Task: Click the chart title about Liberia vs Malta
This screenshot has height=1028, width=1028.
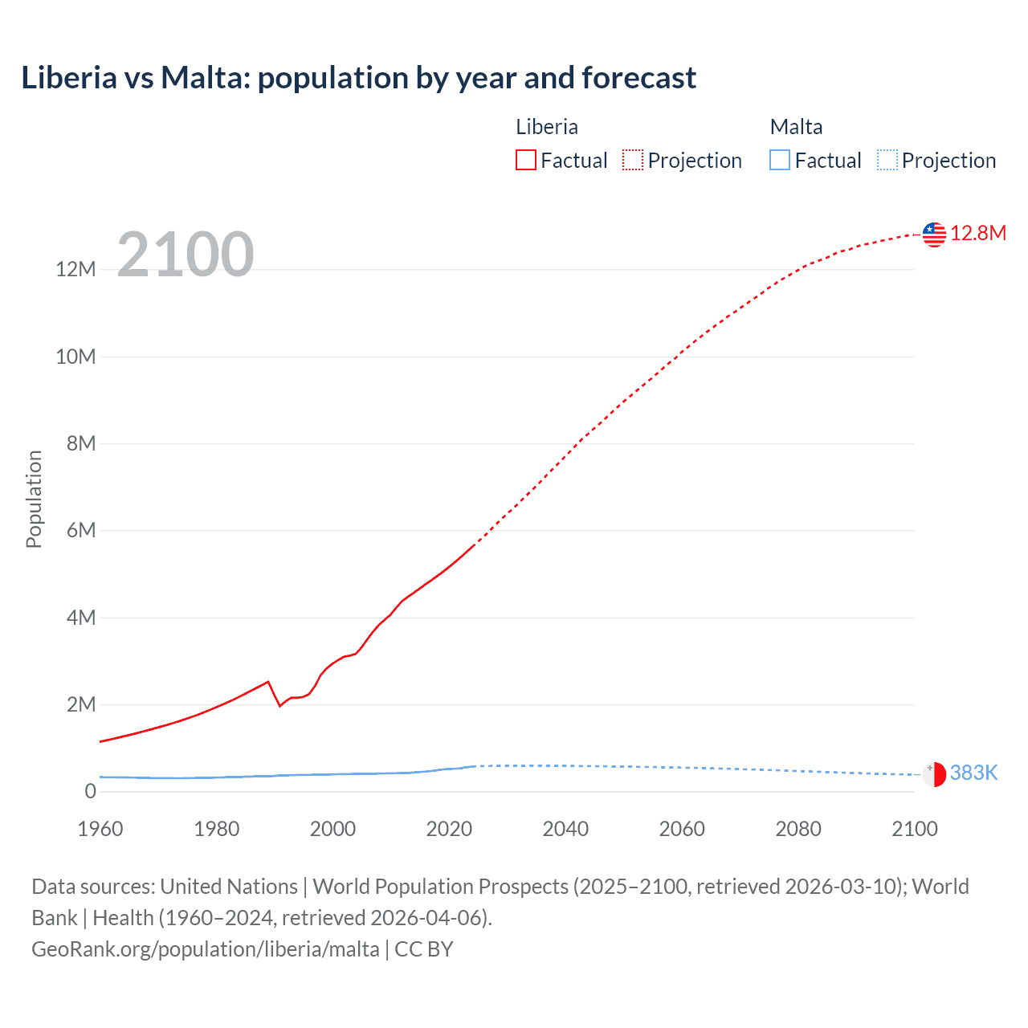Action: pos(358,78)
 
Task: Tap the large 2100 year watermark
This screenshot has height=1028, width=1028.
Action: pos(186,255)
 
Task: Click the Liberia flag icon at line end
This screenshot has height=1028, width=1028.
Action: pos(934,235)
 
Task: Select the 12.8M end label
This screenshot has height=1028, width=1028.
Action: pos(978,234)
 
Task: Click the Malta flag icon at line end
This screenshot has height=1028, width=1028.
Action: pos(934,774)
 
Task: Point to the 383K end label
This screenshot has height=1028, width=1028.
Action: pos(973,773)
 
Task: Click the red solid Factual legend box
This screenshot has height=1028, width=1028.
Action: pos(526,161)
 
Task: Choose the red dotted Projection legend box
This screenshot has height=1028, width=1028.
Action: pos(633,161)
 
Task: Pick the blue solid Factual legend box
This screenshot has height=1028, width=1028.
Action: pos(780,161)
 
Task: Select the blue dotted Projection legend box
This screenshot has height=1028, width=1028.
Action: pos(887,161)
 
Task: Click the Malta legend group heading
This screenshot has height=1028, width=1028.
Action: pos(796,127)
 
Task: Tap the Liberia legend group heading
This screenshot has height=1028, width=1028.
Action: pos(546,127)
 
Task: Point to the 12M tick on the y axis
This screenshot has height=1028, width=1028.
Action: pos(75,270)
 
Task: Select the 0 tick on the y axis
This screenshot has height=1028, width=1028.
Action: pos(90,792)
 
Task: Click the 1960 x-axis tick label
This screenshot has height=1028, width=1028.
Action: pos(100,829)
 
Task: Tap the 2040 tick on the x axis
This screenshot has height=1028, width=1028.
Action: pos(565,829)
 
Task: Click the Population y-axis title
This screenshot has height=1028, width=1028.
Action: pos(34,499)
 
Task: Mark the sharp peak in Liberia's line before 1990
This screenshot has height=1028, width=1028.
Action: pos(267,682)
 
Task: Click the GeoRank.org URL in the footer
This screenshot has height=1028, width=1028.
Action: pos(206,949)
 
